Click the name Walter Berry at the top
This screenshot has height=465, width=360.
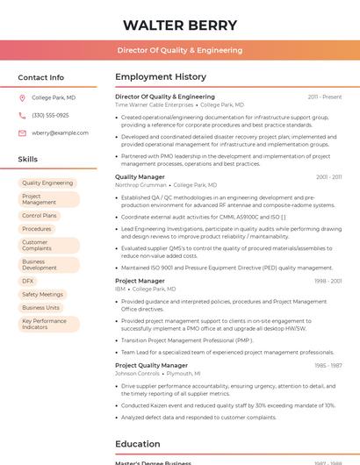point(180,25)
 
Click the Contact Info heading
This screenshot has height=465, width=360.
point(41,77)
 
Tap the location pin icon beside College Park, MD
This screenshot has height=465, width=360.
point(22,97)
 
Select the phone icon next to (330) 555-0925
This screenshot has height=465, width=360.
point(22,115)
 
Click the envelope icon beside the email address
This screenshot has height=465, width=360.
point(22,132)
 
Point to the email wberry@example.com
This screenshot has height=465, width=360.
point(60,132)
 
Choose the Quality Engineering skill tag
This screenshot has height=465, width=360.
point(47,182)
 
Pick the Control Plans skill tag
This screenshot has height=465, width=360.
point(40,215)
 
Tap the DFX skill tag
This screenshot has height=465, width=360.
point(28,281)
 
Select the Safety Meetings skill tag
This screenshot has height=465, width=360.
point(42,294)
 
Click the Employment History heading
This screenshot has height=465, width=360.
point(161,77)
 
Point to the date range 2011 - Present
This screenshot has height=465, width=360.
point(324,97)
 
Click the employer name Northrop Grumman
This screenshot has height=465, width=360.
point(140,185)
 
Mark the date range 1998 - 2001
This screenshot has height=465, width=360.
point(328,281)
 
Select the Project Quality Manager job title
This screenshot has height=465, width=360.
point(151,365)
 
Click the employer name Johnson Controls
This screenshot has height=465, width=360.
point(137,373)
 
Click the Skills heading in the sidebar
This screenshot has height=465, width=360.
point(28,159)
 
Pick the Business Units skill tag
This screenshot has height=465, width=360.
point(41,307)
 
